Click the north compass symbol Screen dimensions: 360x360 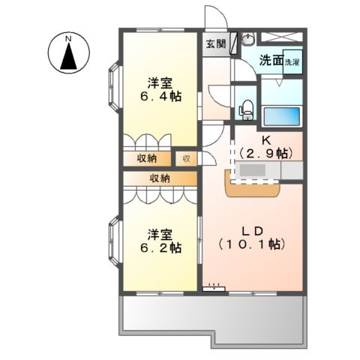tap(68, 54)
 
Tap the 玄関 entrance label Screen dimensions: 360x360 tap(216, 43)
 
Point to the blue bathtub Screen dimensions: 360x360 tap(281, 117)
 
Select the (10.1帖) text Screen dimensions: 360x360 tap(253, 244)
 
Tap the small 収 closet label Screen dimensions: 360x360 tap(185, 158)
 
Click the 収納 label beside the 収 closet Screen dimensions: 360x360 tap(146, 158)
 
